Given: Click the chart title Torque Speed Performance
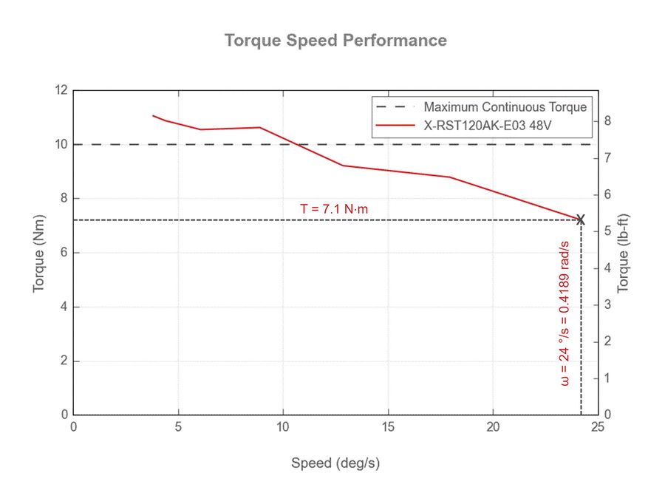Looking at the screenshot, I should click(x=335, y=40).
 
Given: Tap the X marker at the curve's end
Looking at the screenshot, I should click(x=581, y=219).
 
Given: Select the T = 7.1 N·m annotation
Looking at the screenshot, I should click(x=334, y=209).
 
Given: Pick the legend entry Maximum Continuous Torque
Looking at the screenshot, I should click(x=505, y=107).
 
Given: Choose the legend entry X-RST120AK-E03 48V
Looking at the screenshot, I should click(x=488, y=126).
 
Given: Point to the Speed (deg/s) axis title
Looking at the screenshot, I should click(x=335, y=463).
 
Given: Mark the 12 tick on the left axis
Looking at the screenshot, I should click(x=61, y=90).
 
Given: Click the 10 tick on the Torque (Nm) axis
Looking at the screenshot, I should click(x=61, y=144).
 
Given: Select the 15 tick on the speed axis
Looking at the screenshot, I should click(x=389, y=426).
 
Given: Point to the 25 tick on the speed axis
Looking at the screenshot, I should click(x=598, y=426).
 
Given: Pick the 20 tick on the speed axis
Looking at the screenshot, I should click(x=494, y=426).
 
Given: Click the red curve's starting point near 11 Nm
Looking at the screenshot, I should click(x=153, y=115).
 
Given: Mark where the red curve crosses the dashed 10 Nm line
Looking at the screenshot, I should click(x=297, y=144).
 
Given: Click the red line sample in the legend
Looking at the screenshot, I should click(x=395, y=126).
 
